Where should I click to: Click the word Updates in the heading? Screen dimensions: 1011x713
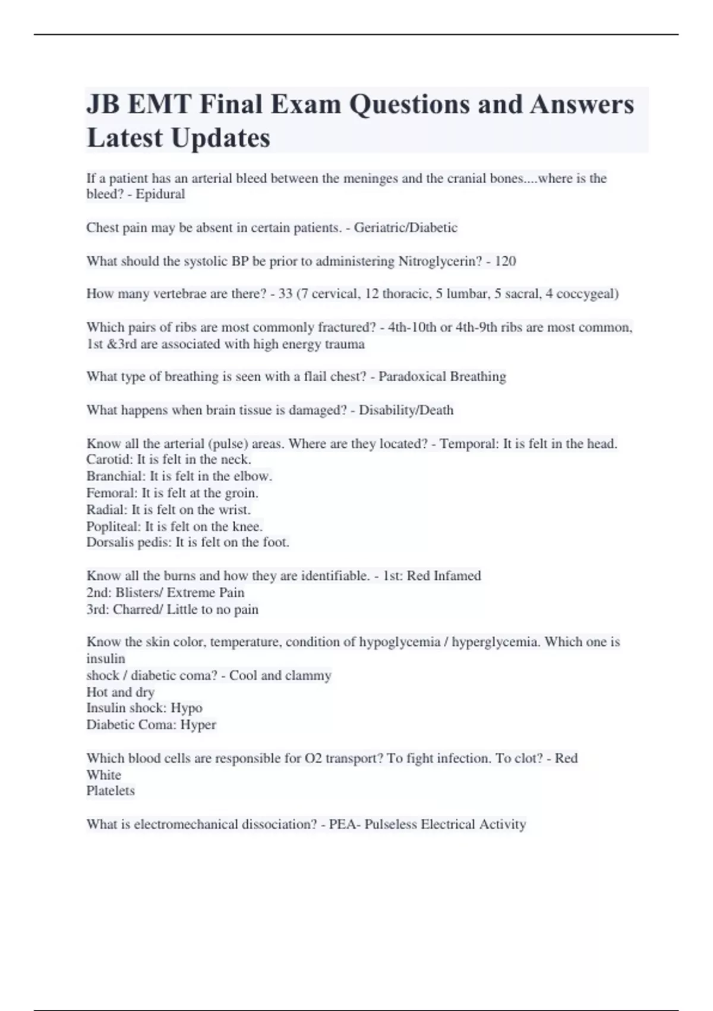point(220,138)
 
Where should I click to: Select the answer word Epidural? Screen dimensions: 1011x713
point(160,194)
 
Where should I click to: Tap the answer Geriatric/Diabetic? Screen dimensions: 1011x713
point(406,227)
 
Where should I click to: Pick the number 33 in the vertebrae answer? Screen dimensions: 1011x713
point(285,294)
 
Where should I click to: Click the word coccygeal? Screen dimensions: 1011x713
point(587,294)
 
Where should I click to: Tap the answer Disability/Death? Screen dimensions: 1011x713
point(406,410)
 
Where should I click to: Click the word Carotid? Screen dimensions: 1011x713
point(109,460)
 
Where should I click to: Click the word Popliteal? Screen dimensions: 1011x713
point(113,526)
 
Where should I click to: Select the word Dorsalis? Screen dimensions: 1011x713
point(112,542)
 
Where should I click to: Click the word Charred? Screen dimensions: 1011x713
point(135,609)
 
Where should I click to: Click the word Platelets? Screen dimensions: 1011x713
point(111,790)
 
